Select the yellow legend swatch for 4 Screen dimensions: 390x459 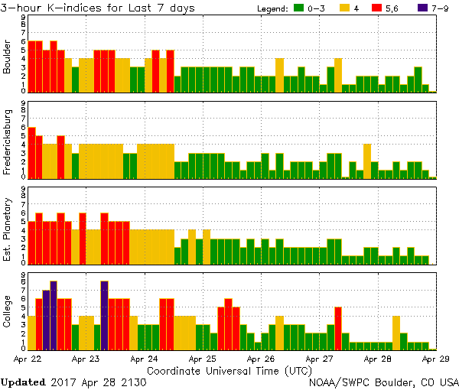click(x=345, y=8)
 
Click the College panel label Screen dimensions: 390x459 click(x=8, y=310)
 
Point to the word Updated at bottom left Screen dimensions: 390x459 click(x=24, y=381)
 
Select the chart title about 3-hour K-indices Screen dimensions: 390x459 click(x=98, y=8)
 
